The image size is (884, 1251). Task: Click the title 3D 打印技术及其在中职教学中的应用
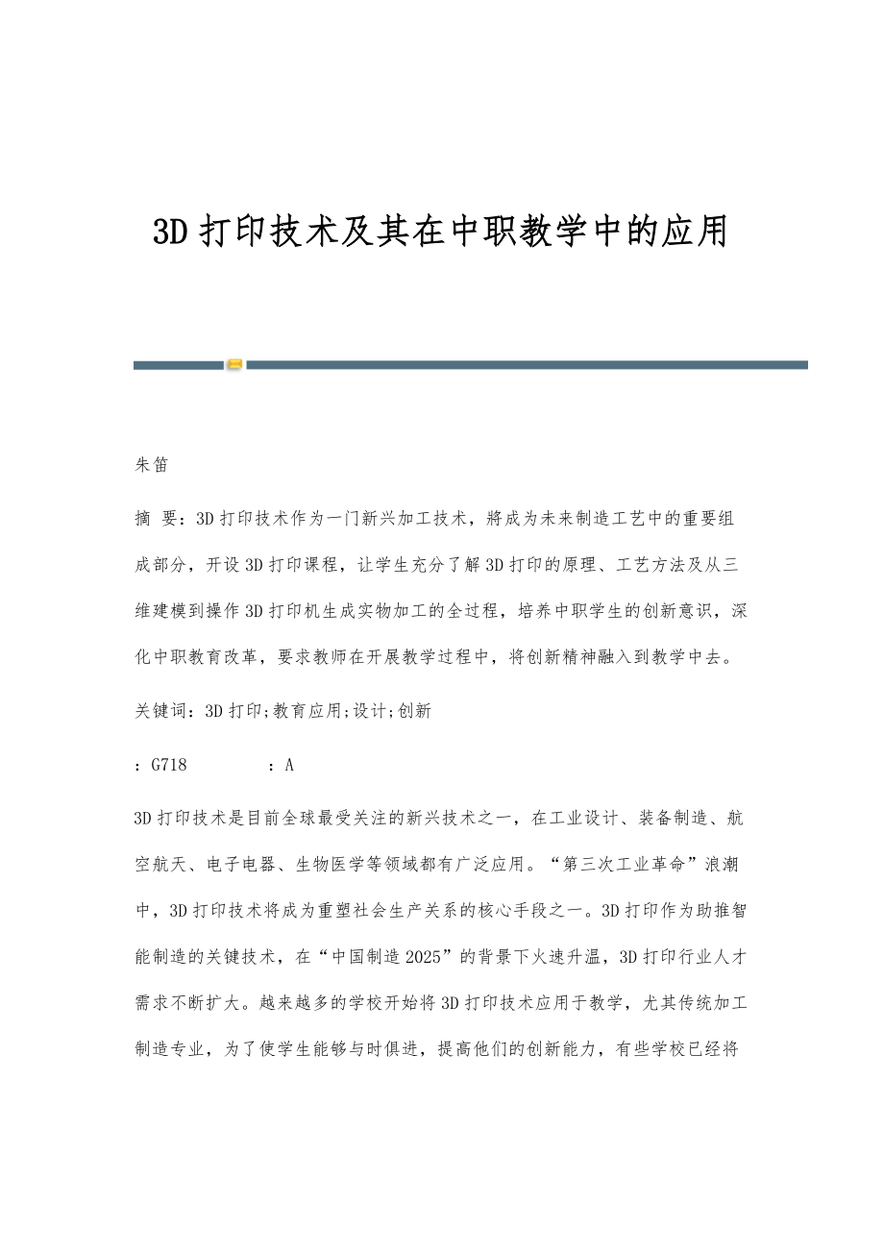click(441, 233)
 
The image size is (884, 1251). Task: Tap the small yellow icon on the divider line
click(234, 365)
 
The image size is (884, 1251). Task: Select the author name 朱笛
click(151, 465)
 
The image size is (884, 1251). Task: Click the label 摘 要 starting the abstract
click(157, 519)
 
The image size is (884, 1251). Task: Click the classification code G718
click(169, 765)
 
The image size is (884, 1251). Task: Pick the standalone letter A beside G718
click(289, 765)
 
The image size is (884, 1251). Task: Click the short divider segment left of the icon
click(178, 365)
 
